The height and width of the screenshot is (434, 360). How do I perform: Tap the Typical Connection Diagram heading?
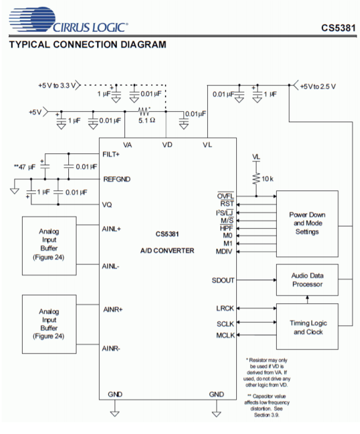point(87,45)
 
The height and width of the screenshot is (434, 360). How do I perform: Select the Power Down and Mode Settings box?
point(307,223)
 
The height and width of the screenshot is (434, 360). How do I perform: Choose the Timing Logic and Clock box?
point(307,328)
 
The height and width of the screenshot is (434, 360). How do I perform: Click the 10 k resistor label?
point(267,179)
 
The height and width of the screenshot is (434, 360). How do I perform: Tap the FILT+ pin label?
point(111,155)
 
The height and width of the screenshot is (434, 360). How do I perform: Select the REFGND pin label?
point(116,179)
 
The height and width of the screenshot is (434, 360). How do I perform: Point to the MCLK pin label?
point(224,334)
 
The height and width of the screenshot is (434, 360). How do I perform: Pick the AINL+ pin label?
point(111,229)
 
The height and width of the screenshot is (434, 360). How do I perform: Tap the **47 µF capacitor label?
point(25,167)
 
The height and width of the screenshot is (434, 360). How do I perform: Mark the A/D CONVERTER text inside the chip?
point(167,251)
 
